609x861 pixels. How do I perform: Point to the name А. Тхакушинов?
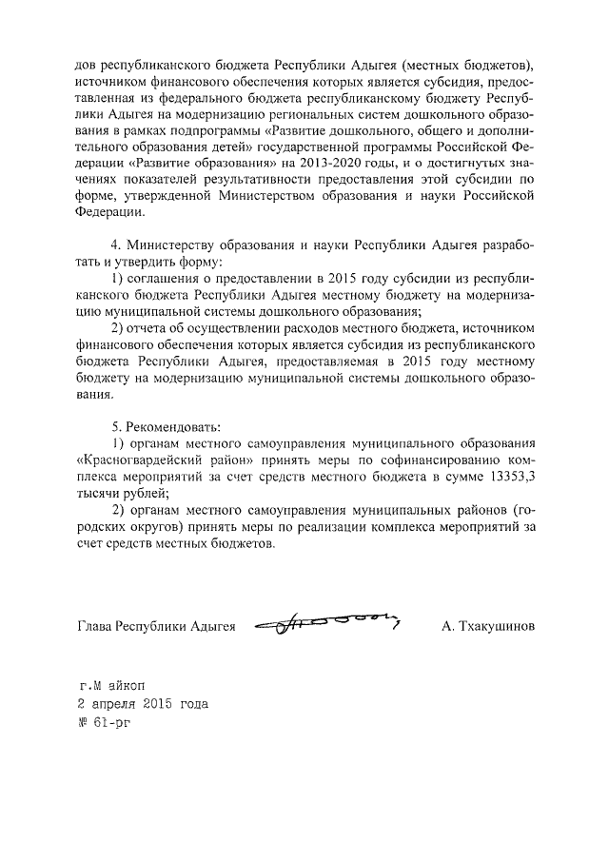point(488,627)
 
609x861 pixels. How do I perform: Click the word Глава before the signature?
point(92,627)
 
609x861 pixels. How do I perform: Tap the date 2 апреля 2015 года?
point(142,705)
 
